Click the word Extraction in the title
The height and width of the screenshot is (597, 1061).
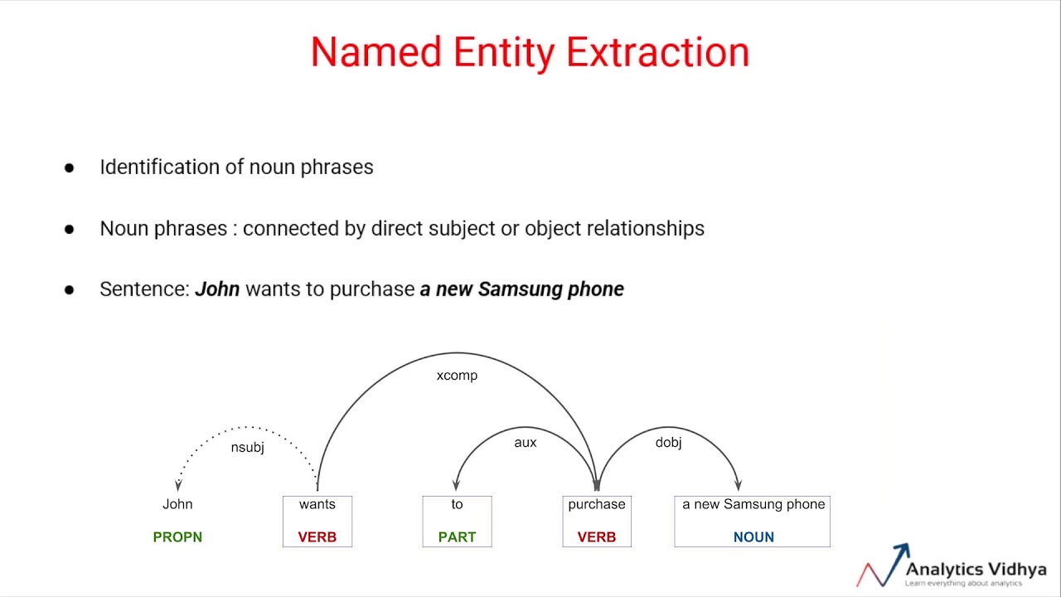(x=658, y=53)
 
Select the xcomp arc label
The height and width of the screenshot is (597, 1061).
(x=457, y=376)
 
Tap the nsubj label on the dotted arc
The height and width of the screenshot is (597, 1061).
(x=247, y=448)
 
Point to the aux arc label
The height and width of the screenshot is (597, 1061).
(x=526, y=443)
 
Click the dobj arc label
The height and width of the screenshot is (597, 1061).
(x=668, y=443)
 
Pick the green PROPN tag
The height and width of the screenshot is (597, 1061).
(x=177, y=537)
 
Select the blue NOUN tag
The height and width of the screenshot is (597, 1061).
(x=753, y=537)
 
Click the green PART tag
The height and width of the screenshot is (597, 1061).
(x=457, y=537)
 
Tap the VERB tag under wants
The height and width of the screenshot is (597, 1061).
(x=317, y=537)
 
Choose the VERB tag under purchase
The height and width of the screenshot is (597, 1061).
(x=597, y=537)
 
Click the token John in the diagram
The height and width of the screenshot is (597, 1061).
(x=177, y=504)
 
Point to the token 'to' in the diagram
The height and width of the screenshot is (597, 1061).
(x=457, y=504)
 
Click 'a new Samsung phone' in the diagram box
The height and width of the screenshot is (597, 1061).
(x=753, y=504)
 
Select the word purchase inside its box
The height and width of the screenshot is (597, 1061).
(x=597, y=504)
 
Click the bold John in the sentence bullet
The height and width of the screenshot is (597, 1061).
(x=217, y=289)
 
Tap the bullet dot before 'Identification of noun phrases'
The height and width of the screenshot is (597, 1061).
(x=69, y=167)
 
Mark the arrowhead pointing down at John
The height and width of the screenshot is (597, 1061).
(x=177, y=486)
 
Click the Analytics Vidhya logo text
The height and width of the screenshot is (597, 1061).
(x=976, y=570)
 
